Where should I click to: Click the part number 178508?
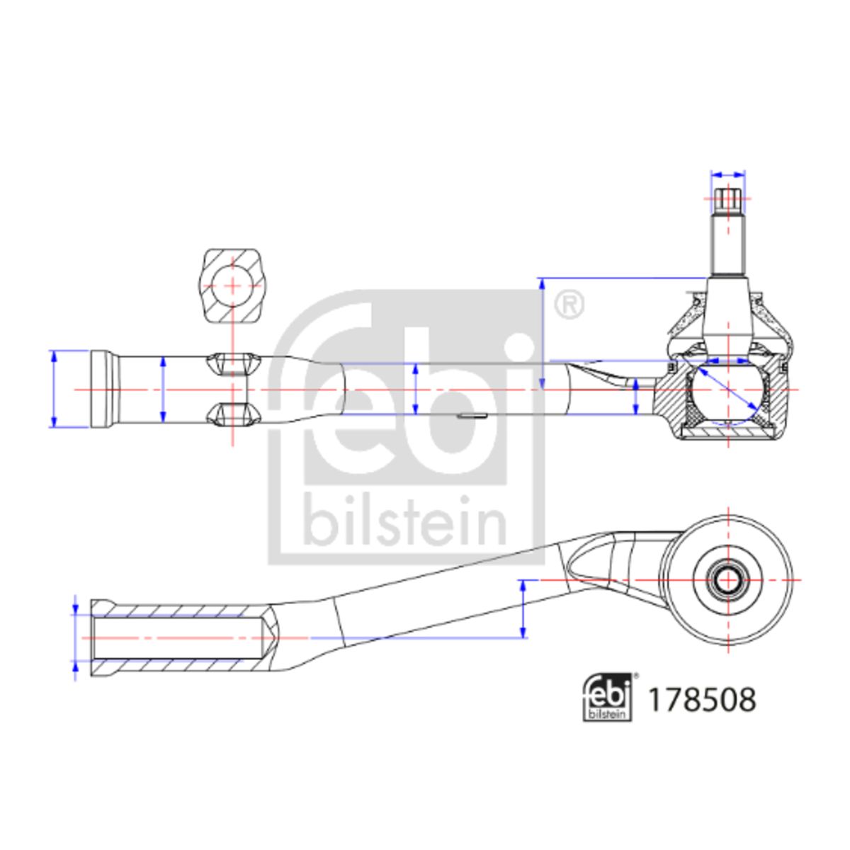tap(702, 700)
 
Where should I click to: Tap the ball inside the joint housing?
tap(727, 390)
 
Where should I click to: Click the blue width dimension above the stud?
tap(728, 175)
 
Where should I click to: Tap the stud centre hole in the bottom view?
tap(728, 579)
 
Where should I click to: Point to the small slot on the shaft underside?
tap(472, 415)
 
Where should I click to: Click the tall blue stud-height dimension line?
tap(542, 334)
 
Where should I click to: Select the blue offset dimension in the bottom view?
tap(523, 608)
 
